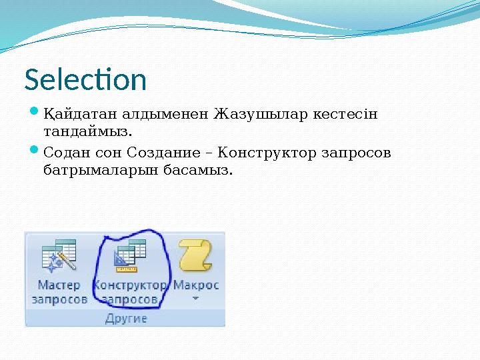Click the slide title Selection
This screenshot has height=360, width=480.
[85, 80]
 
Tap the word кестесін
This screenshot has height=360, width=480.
[344, 115]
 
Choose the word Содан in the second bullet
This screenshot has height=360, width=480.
[63, 153]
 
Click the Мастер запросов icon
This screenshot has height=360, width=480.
[59, 257]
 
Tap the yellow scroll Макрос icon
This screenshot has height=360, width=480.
[195, 256]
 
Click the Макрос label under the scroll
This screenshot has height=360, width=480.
[196, 285]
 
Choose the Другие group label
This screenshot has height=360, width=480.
[126, 318]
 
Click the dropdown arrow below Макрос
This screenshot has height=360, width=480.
[196, 299]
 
